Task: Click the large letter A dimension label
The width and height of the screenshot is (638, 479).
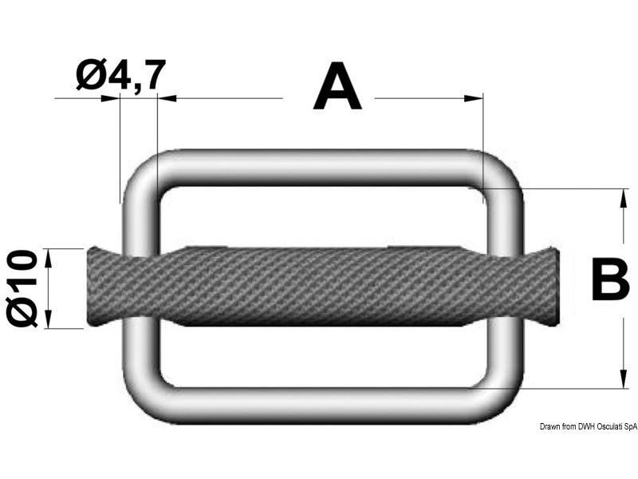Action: [337, 87]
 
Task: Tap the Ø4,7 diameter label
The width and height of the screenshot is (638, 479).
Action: [121, 74]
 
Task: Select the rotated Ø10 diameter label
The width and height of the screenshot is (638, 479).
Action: [22, 288]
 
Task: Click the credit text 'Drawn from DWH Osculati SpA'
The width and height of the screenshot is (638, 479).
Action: [589, 426]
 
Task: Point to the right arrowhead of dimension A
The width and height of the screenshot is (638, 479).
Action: [474, 98]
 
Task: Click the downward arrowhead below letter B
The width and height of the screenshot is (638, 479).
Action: [623, 378]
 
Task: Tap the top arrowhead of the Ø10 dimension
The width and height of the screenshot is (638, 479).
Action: [49, 258]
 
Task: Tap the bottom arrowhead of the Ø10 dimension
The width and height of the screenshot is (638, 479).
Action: [49, 319]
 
